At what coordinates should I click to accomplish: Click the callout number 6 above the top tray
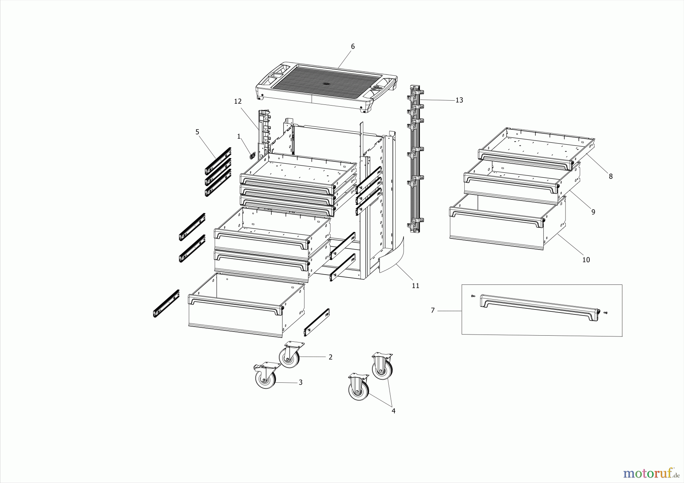353,46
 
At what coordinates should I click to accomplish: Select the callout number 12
238,101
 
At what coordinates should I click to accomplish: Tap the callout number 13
459,100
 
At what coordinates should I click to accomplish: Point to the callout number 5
197,132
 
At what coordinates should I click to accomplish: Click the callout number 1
239,136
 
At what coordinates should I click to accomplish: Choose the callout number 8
611,176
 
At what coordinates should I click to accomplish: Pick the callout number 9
593,212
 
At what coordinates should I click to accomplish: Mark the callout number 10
586,260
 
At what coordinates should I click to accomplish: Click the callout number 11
415,286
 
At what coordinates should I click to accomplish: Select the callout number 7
432,311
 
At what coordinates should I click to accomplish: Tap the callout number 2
330,357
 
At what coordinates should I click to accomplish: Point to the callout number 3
300,382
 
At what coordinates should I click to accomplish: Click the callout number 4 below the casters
393,411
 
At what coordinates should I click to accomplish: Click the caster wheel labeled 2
289,357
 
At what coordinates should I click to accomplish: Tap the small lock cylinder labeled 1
252,155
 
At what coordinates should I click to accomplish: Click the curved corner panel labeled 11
391,256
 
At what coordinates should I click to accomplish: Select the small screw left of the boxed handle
473,296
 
